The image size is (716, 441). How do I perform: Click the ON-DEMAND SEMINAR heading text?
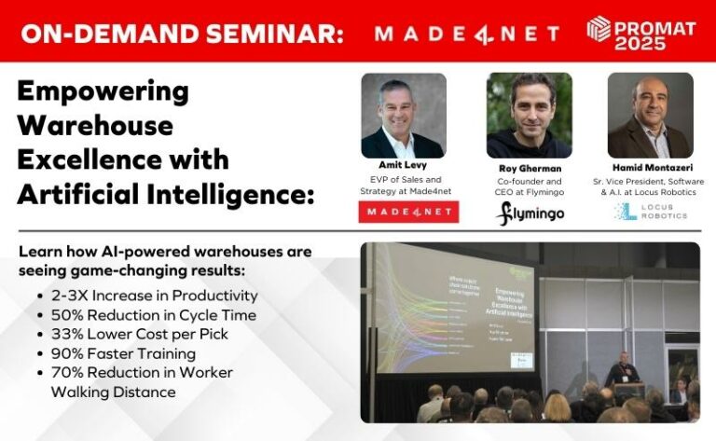click(x=182, y=34)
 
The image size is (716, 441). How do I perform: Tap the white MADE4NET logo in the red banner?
click(x=466, y=34)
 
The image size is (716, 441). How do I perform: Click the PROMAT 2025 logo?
click(x=640, y=33)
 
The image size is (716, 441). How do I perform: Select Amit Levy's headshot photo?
click(x=403, y=116)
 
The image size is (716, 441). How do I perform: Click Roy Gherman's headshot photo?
click(x=529, y=116)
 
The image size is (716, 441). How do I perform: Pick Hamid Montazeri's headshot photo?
click(x=650, y=116)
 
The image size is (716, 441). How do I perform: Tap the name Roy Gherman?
click(x=529, y=168)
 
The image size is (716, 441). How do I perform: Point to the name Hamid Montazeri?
click(x=650, y=168)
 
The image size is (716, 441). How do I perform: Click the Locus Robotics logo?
click(x=650, y=212)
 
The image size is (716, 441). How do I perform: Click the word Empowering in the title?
click(x=103, y=92)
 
